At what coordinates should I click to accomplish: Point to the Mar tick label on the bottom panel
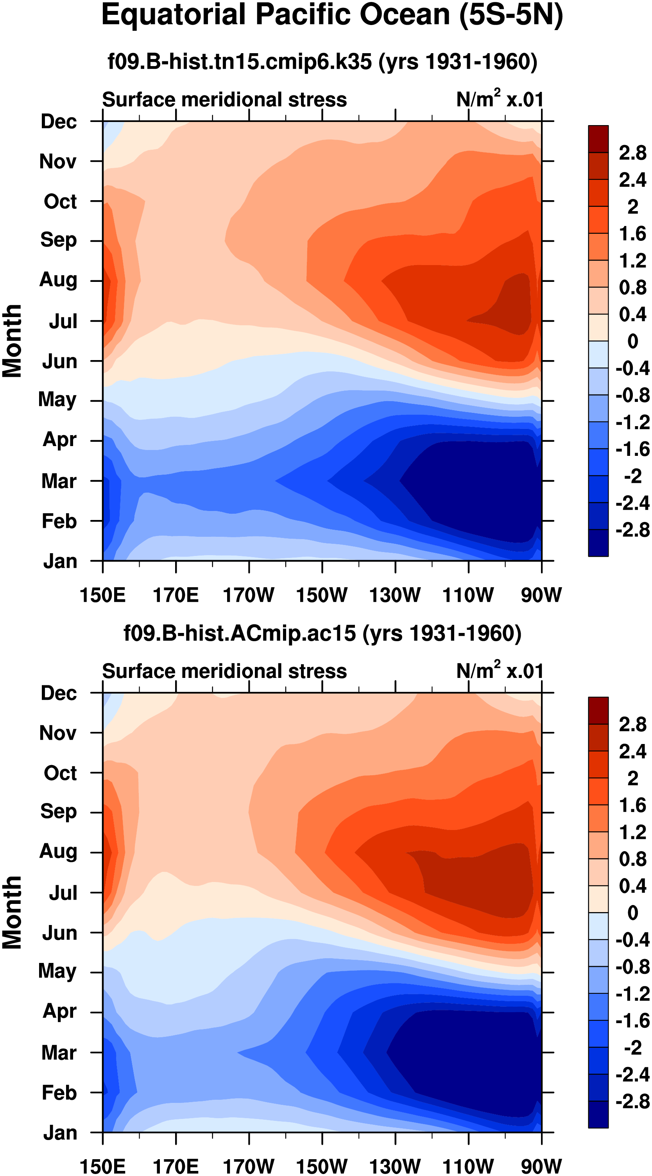click(59, 1053)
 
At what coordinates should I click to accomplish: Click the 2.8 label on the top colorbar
click(632, 153)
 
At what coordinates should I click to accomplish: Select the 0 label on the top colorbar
click(632, 341)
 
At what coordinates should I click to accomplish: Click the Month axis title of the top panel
click(13, 341)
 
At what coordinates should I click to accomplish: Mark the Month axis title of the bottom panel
click(13, 912)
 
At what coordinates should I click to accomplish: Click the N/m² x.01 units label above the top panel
click(500, 99)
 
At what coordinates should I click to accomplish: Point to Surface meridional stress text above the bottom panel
click(224, 671)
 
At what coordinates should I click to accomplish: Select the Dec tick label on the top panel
click(59, 122)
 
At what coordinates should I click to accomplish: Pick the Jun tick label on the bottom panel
click(59, 933)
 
